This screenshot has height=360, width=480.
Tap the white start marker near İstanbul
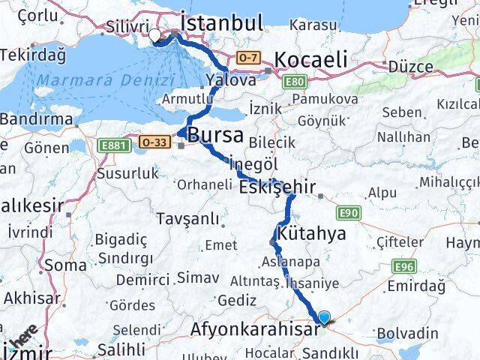coord(154,34)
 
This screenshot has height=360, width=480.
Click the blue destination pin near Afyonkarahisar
coord(324,318)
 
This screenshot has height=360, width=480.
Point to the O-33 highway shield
coord(154,141)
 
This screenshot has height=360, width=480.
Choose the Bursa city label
coord(215,136)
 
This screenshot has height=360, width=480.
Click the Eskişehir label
coord(277,187)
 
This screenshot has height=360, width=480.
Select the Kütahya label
coord(311,233)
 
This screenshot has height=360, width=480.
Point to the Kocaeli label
coord(310,59)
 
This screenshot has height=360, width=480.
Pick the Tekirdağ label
coord(33,55)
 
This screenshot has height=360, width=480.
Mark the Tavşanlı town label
coord(188,219)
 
